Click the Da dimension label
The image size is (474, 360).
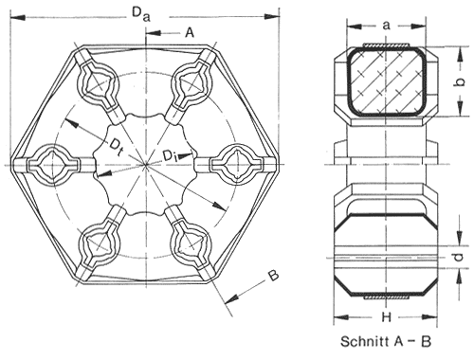coord(141,14)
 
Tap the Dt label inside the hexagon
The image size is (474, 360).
coord(116,147)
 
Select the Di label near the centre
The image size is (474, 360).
coord(171,154)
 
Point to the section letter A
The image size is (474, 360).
coord(190,32)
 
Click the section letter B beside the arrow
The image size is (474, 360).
coord(273,275)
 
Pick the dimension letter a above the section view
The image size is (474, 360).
coord(386,26)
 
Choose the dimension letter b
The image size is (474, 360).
coord(461,81)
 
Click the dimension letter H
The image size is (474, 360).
coord(386,316)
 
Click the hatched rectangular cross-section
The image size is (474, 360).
coord(387,81)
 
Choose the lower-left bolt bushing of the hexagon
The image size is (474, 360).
coord(100,244)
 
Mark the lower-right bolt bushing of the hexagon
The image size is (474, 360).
coord(191,244)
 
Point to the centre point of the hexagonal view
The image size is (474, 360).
coord(146,165)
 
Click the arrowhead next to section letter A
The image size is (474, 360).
coord(155,33)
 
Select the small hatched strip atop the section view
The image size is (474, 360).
coord(387,45)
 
